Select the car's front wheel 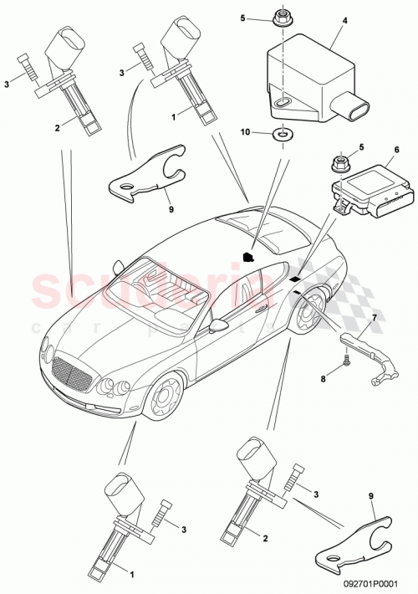coord(162,397)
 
